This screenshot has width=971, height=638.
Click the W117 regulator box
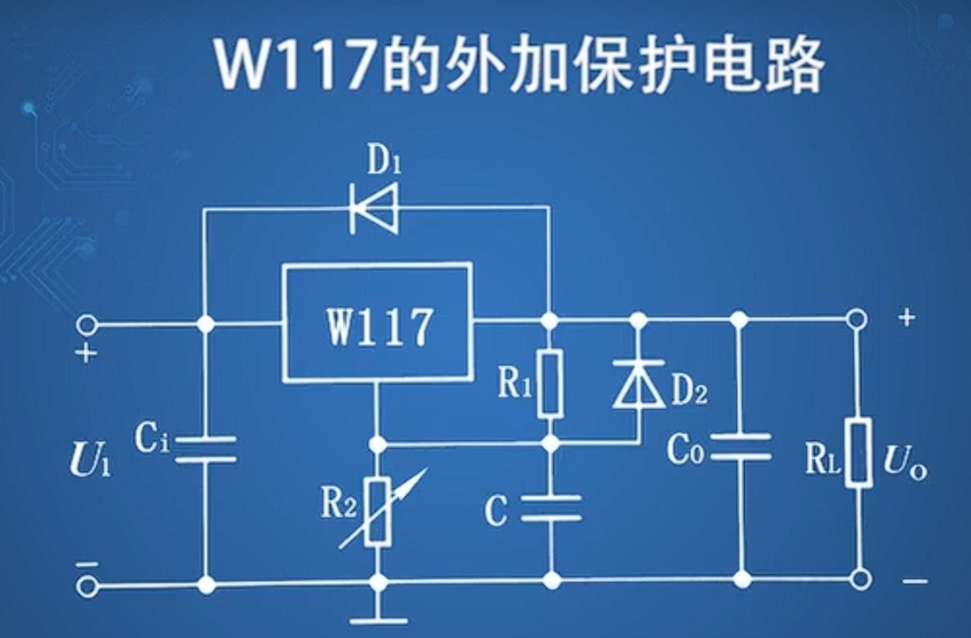(377, 323)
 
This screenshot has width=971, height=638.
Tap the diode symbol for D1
(375, 208)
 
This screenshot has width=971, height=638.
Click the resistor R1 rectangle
(550, 383)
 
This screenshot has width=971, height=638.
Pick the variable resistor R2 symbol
(377, 511)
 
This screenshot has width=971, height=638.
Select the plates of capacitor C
(550, 507)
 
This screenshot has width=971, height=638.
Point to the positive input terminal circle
(85, 325)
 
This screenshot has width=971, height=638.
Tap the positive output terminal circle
(856, 320)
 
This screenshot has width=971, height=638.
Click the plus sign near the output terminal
(905, 317)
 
